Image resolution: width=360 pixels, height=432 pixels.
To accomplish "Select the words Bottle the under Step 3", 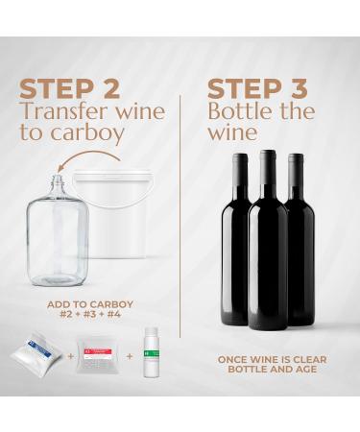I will click(x=254, y=112).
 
